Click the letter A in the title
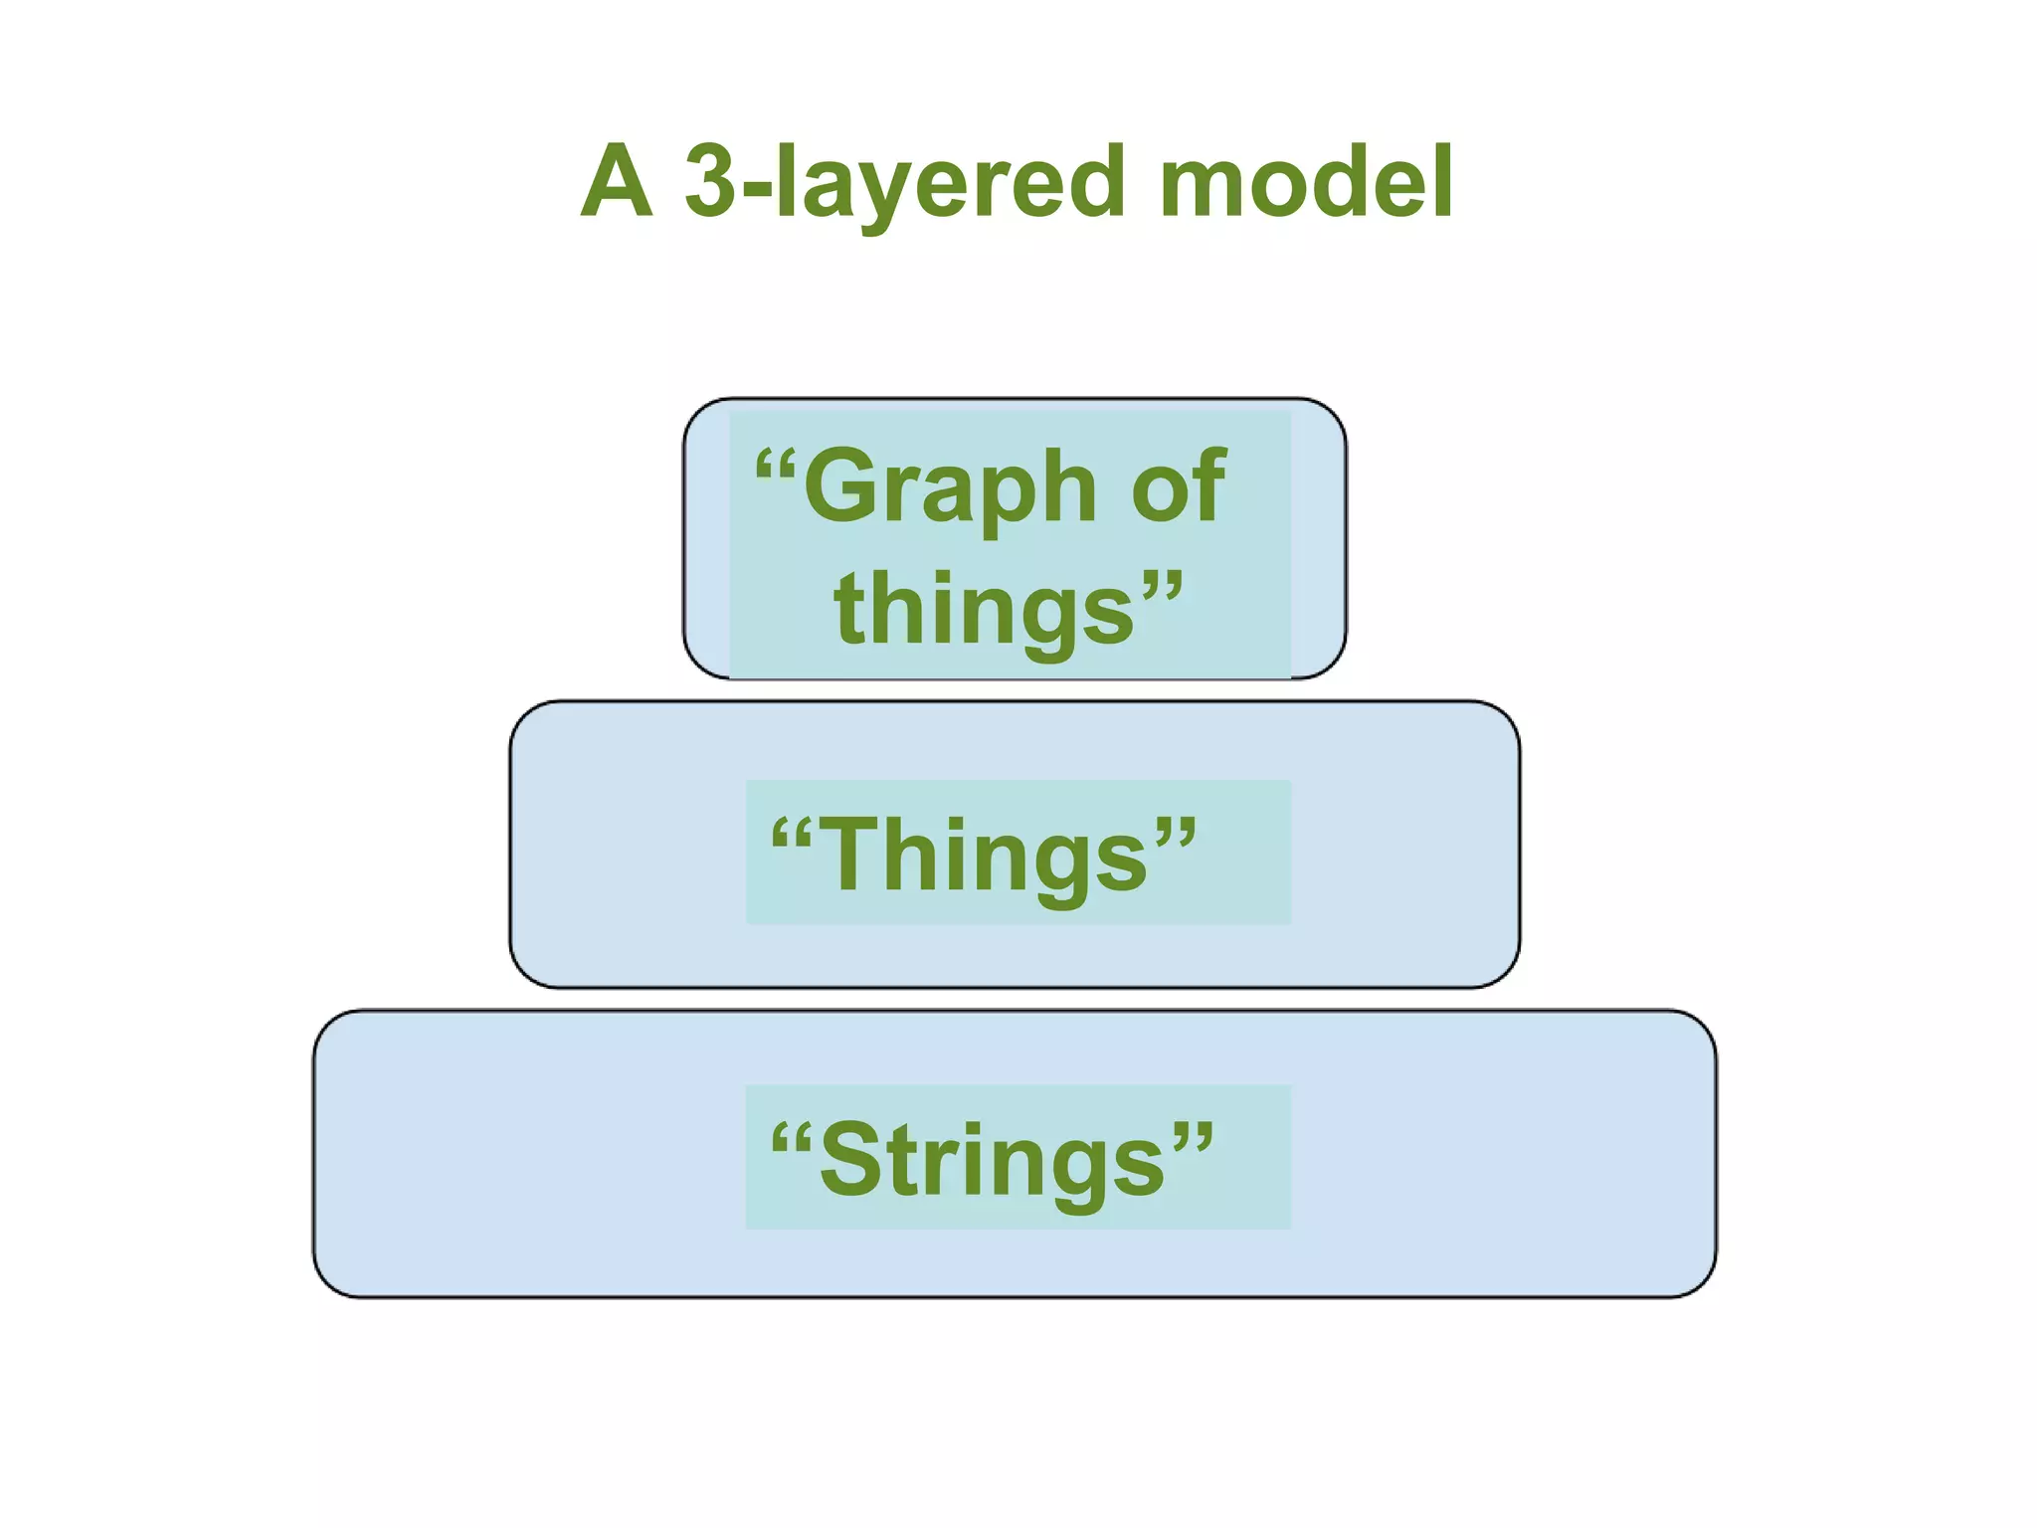(x=617, y=181)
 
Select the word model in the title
(x=1305, y=181)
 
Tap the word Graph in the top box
(x=950, y=487)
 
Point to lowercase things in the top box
(x=985, y=610)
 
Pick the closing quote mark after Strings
(x=1192, y=1136)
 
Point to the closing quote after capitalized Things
(x=1176, y=831)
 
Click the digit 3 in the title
(x=712, y=181)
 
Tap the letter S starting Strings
(x=849, y=1159)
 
